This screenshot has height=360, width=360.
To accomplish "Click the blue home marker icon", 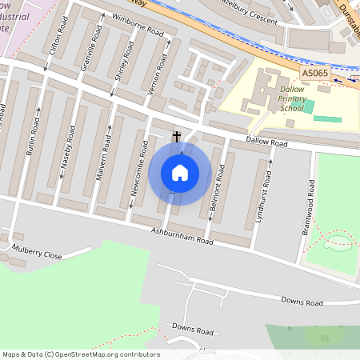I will click(180, 172).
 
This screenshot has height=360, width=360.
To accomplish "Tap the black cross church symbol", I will click(177, 138).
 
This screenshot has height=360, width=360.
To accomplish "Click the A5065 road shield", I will click(314, 73).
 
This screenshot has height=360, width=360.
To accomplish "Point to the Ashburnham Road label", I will click(182, 235).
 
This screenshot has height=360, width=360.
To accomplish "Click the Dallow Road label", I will click(266, 142).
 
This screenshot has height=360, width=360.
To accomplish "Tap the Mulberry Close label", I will click(37, 255).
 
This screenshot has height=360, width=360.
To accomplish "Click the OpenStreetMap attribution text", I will click(80, 354).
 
